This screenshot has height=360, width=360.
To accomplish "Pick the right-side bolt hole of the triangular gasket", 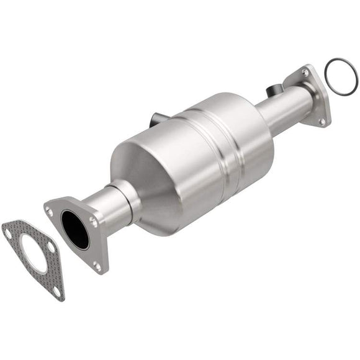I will click(51, 247).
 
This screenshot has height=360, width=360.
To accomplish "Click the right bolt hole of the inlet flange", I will click(92, 220).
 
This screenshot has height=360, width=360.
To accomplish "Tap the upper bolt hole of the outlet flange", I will click(305, 73).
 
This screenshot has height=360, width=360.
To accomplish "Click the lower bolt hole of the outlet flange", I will click(322, 121).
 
